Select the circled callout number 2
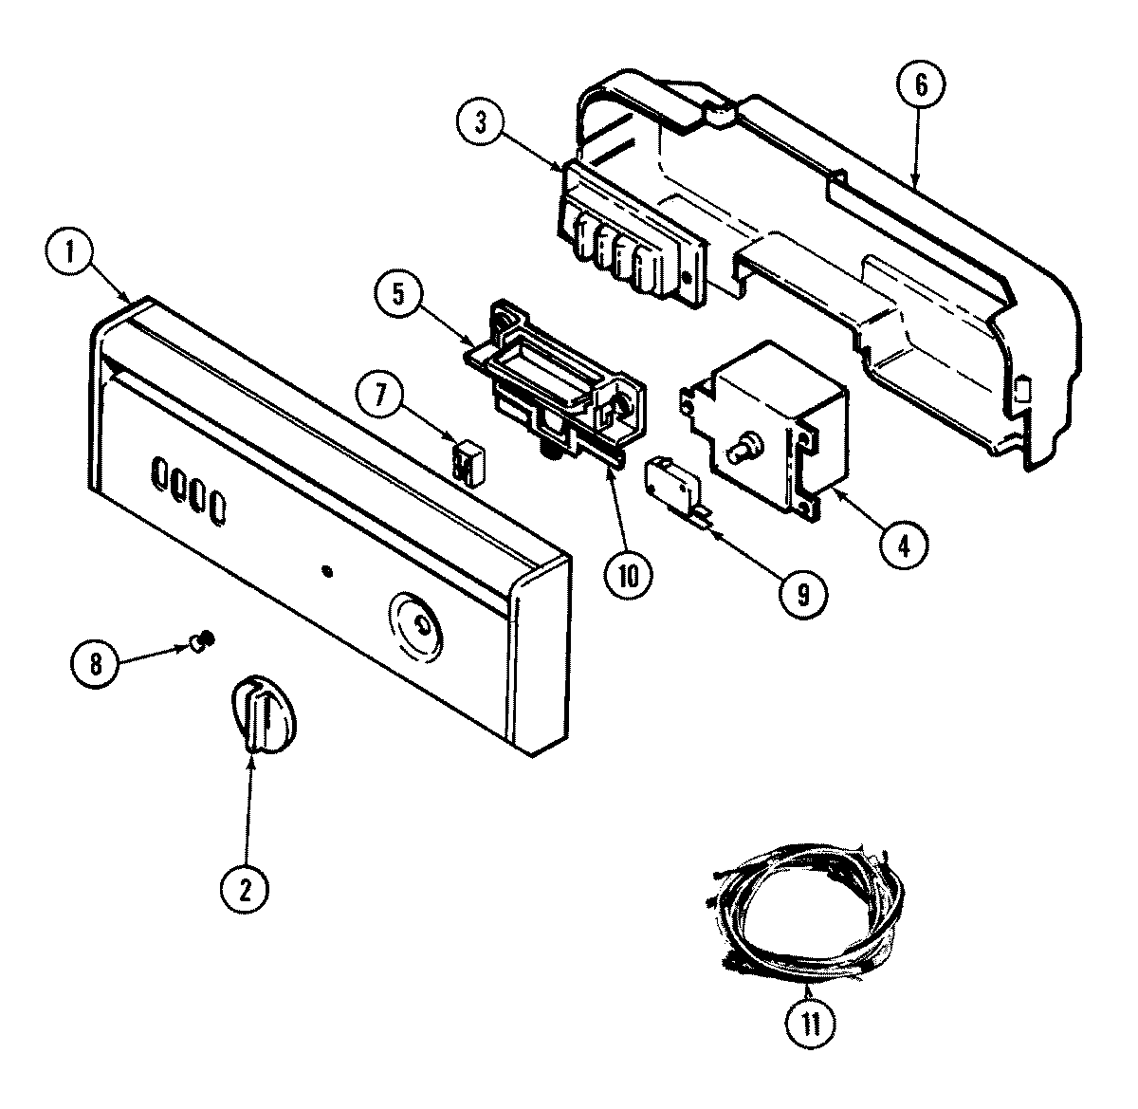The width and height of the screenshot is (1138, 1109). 246,889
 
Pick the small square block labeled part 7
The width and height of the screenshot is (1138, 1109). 464,463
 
